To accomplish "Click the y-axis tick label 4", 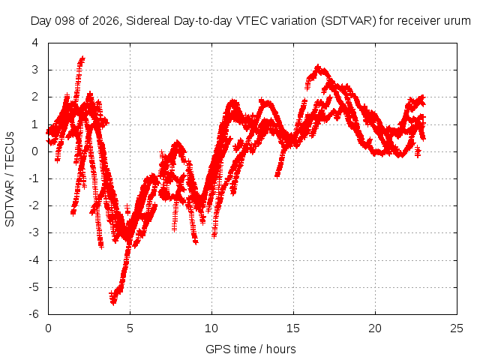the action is pos(35,43).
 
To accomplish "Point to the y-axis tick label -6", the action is pos(34,314).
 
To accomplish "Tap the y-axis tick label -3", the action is pos(34,232).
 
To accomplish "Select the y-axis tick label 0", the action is pos(35,151).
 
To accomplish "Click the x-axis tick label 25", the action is pos(457,328).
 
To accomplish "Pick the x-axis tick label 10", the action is pos(211,328).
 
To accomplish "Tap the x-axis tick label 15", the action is pos(293,328).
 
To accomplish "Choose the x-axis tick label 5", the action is pos(130,328).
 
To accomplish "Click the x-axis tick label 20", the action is pos(375,328).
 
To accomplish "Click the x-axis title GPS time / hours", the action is pos(250,349).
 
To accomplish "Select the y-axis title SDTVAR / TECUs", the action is pos(10,179).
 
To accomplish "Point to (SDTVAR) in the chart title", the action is pos(348,21).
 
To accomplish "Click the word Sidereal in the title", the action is pos(148,21).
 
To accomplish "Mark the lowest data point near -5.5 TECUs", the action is pos(113,302).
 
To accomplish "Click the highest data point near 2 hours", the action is pos(82,58).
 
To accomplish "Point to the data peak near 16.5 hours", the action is pos(318,67).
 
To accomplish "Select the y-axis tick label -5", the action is pos(34,287).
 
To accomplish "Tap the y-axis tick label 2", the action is pos(35,97).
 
